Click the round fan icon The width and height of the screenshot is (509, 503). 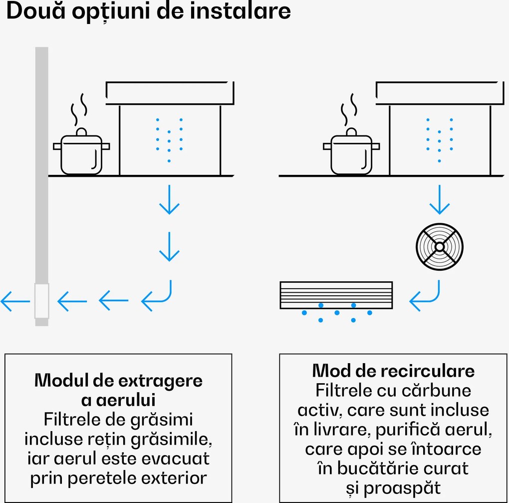coord(439,246)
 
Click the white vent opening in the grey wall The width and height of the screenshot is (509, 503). coord(41,301)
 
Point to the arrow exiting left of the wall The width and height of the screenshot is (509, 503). coord(15,301)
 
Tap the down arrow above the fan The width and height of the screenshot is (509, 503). coord(439,199)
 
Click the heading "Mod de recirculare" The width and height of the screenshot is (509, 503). coord(393,371)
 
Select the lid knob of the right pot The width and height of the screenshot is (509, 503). coord(352,132)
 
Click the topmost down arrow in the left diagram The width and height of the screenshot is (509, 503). coord(169,199)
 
